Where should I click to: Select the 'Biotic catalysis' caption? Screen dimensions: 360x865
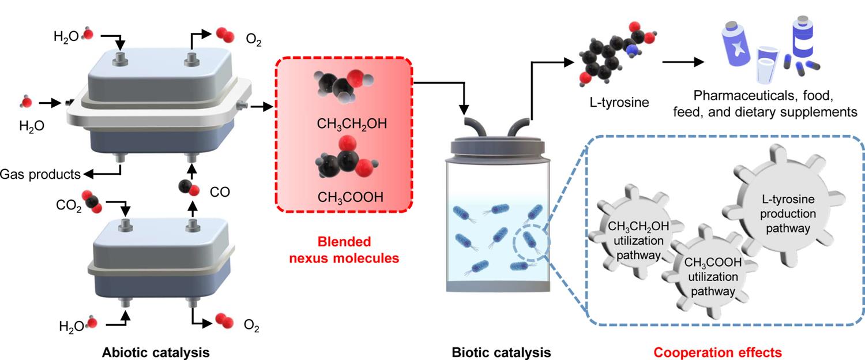point(502,351)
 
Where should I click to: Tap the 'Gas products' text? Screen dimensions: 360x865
point(39,172)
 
